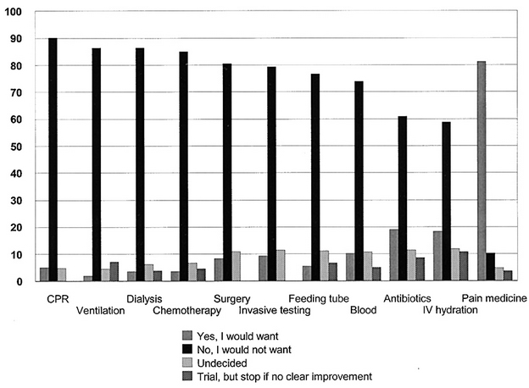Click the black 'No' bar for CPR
click(53, 159)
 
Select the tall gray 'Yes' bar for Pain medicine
click(482, 171)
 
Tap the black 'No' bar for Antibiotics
click(403, 198)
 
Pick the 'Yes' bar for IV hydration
click(437, 256)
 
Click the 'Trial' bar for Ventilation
click(114, 271)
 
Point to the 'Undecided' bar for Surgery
click(237, 266)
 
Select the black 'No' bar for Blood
click(359, 181)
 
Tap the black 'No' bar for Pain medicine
click(490, 267)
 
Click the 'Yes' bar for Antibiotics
click(393, 255)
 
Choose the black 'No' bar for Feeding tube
click(315, 177)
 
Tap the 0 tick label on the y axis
click(18, 282)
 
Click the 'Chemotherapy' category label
click(187, 310)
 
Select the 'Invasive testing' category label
click(275, 310)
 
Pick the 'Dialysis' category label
click(144, 299)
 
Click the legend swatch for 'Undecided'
click(187, 363)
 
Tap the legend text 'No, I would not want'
click(244, 350)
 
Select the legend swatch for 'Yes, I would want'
click(187, 335)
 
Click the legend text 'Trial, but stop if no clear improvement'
click(285, 376)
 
